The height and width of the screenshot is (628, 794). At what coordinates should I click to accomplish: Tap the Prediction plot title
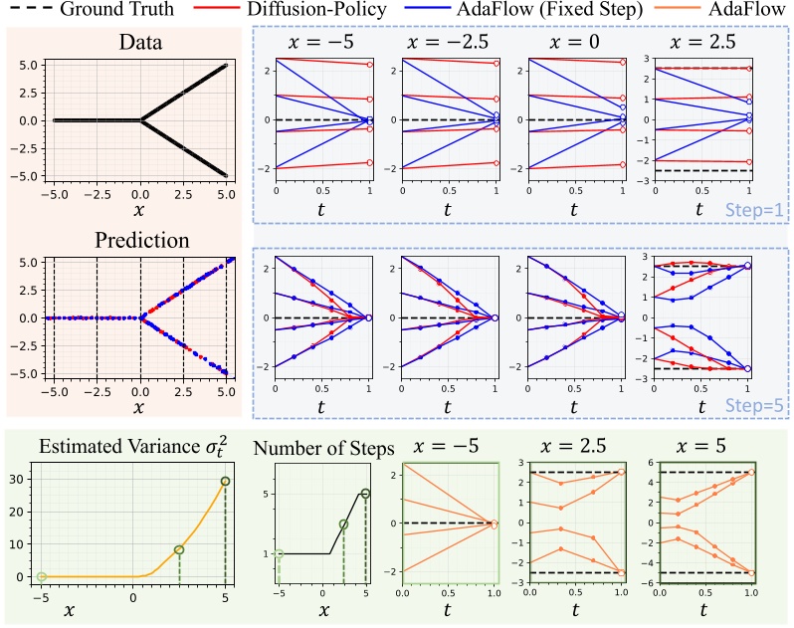[141, 240]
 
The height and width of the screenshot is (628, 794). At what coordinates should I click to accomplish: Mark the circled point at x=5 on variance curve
[226, 482]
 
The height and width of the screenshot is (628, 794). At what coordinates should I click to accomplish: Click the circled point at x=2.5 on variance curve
[179, 549]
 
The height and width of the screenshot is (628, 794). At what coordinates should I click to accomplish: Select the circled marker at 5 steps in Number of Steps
[366, 494]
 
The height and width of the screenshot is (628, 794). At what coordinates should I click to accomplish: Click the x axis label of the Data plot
[141, 210]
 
